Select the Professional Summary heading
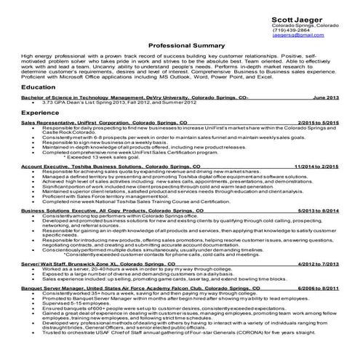tap(179, 45)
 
